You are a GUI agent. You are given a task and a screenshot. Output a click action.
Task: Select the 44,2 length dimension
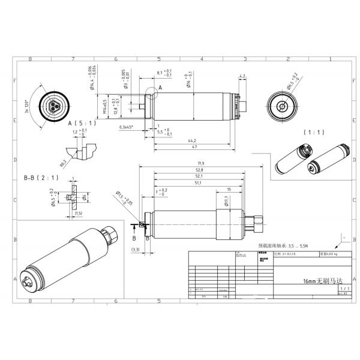(193, 140)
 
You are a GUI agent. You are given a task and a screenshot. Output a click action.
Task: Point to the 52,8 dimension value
(199, 170)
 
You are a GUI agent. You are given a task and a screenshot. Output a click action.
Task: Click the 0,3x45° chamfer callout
(126, 127)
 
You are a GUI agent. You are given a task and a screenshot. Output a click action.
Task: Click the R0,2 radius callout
(63, 161)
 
